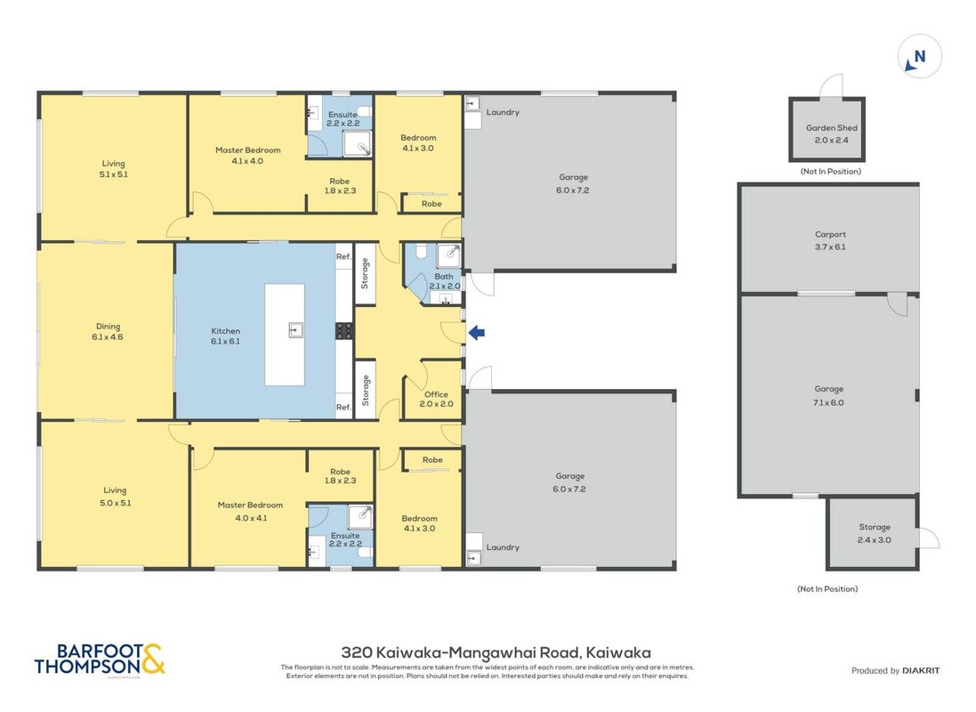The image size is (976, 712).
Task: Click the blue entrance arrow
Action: [477, 333]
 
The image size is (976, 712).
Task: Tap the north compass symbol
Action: [919, 57]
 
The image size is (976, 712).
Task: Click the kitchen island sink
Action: [296, 329]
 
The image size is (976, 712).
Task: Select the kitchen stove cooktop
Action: [344, 331]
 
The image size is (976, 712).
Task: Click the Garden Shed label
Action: [832, 133]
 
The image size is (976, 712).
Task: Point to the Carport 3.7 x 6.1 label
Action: [830, 240]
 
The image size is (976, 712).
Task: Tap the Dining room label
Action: [108, 331]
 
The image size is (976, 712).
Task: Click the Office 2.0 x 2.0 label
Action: [436, 399]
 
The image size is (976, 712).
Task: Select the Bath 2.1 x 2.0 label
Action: [445, 281]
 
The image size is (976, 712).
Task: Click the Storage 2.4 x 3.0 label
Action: [875, 533]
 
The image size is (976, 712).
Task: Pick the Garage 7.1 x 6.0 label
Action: [829, 395]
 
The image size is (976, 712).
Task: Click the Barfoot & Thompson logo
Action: [100, 659]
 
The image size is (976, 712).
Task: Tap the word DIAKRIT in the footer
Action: [921, 670]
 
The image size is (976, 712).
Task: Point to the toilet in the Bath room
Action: [420, 251]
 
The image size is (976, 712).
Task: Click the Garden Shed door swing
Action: [832, 86]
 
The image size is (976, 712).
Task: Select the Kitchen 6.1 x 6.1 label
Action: [225, 336]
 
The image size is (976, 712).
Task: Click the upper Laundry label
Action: [503, 112]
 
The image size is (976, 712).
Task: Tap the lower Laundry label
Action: [503, 547]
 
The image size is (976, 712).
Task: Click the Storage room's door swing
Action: [929, 538]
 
